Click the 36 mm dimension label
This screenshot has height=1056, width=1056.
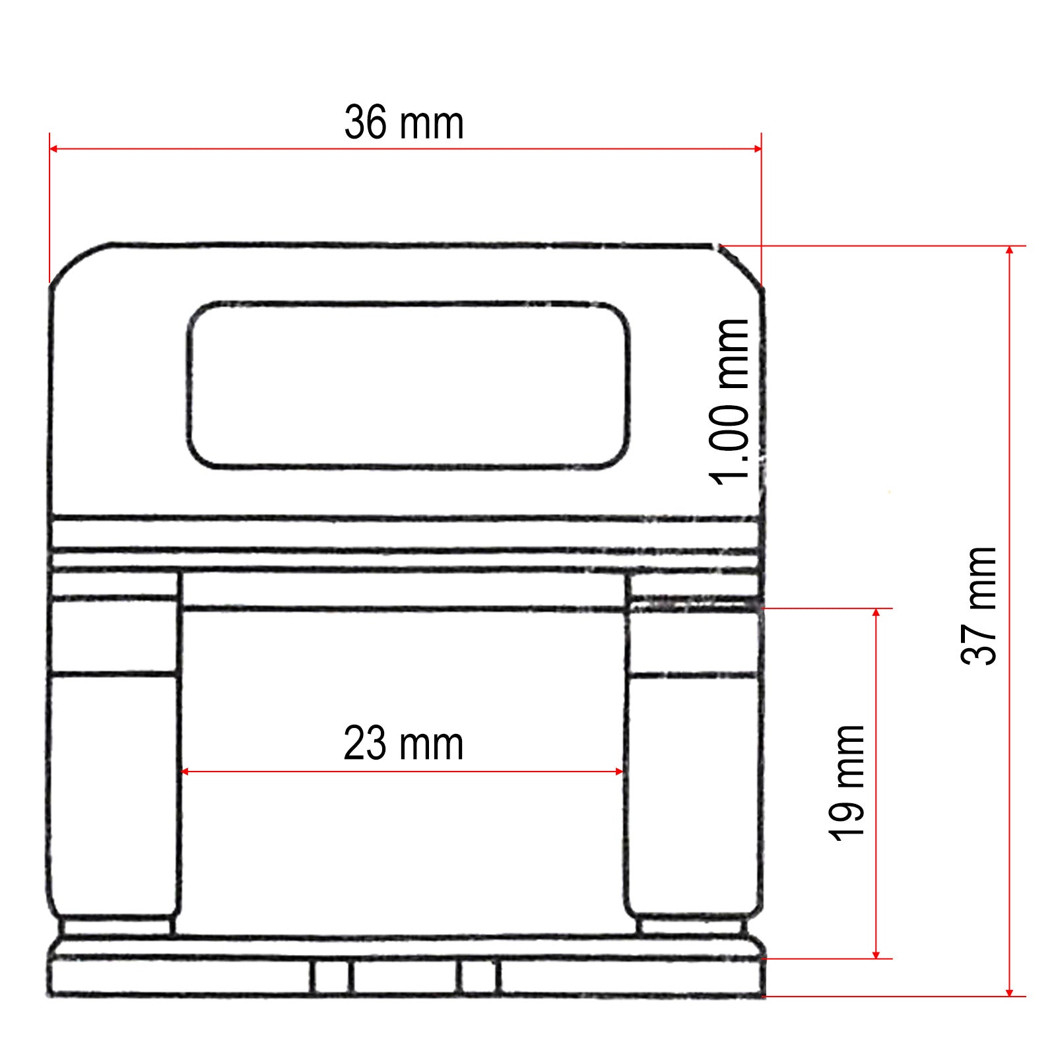[x=404, y=123]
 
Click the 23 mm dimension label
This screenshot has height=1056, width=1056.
[x=403, y=744]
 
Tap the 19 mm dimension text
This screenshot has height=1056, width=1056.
[x=847, y=783]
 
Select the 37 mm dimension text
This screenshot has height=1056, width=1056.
[x=979, y=605]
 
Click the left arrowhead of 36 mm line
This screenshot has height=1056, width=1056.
[x=54, y=149]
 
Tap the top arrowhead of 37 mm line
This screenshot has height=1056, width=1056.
[x=1009, y=251]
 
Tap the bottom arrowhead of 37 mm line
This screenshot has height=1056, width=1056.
[x=1009, y=991]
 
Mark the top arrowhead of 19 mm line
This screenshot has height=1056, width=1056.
[x=876, y=613]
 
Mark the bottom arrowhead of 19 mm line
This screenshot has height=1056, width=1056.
[x=876, y=954]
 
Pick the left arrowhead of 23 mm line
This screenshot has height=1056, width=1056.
[x=185, y=771]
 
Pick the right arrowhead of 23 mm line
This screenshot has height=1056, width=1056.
[x=619, y=771]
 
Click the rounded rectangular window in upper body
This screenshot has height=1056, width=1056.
[x=408, y=386]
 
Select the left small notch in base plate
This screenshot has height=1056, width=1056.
[x=331, y=976]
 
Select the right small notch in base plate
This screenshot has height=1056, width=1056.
[x=478, y=976]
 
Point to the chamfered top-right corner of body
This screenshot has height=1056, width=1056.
[x=741, y=265]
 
